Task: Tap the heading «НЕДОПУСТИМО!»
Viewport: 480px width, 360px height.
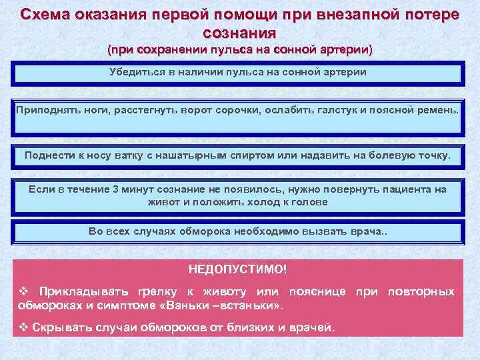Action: [x=238, y=269]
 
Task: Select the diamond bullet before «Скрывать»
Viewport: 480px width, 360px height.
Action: [x=22, y=328]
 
